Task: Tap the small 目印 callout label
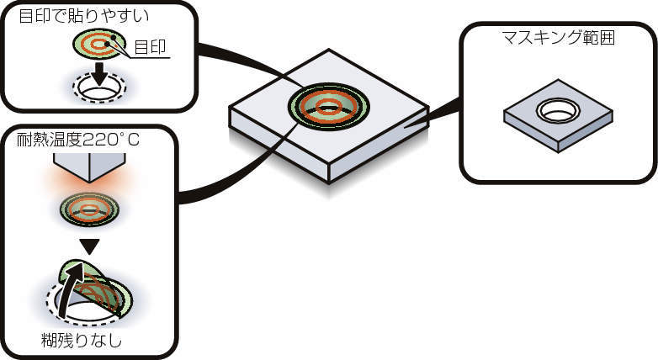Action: point(151,47)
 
